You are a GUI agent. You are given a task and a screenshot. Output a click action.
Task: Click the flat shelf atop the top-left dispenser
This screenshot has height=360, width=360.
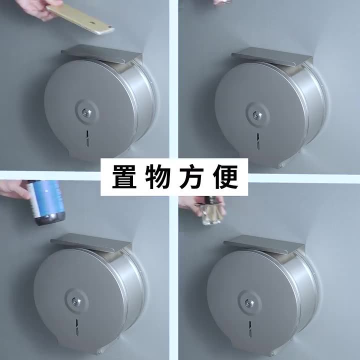[x=102, y=52]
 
